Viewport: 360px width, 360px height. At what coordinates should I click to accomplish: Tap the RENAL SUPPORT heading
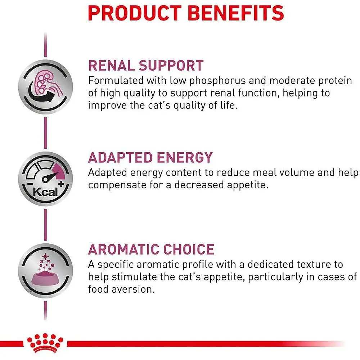[146, 66]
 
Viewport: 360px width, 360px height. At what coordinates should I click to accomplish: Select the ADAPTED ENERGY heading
[150, 158]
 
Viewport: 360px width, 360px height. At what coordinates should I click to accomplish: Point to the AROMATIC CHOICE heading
[151, 249]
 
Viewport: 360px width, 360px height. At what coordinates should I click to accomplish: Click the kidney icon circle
[45, 86]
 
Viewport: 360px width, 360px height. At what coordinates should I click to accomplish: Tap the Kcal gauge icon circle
[45, 179]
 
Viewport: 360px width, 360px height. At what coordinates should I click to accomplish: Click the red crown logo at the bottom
[45, 343]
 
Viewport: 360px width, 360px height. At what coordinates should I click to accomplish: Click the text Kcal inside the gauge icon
[45, 192]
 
